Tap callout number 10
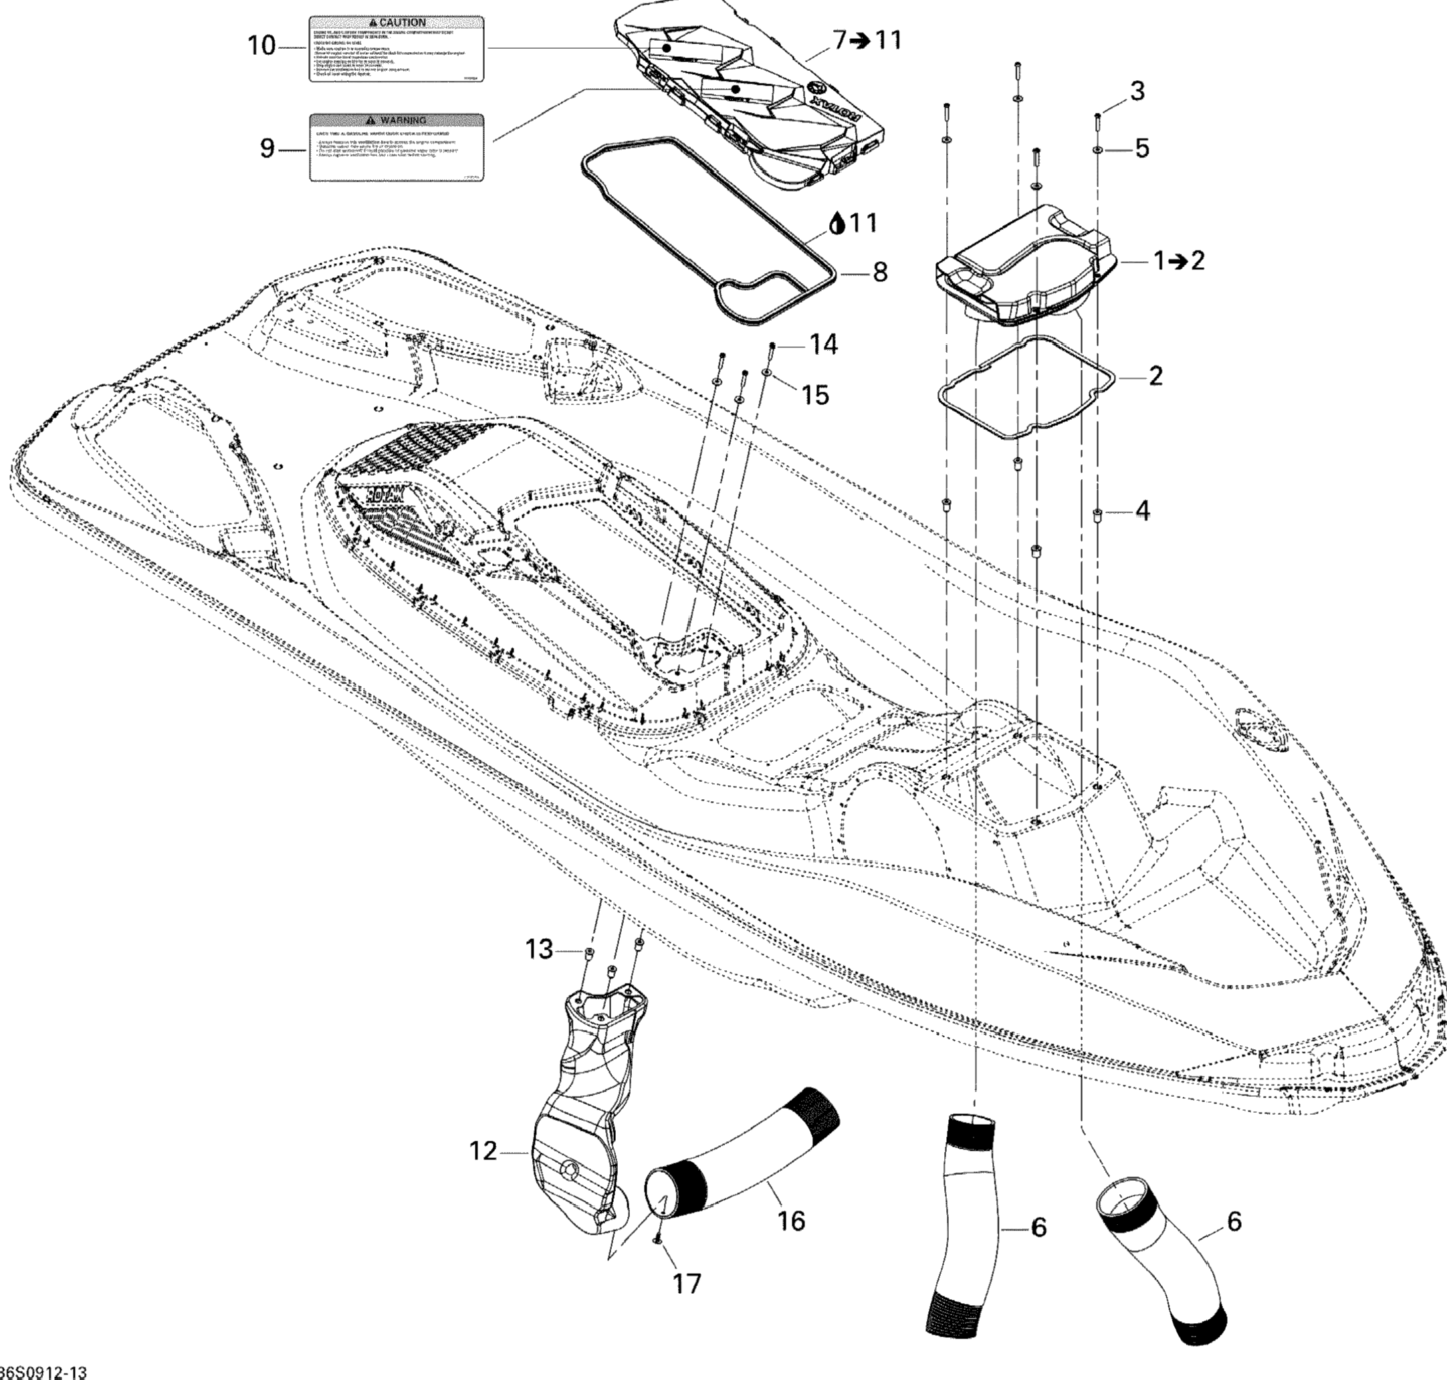[261, 46]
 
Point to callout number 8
[879, 273]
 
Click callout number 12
[483, 1151]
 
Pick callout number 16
[791, 1222]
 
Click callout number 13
[539, 950]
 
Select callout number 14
[824, 343]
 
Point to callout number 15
[814, 395]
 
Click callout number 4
[1142, 510]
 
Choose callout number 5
[1141, 148]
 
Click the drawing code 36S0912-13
[44, 1372]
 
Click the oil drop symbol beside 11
[836, 224]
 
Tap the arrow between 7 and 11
[859, 41]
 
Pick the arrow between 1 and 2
[1179, 261]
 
